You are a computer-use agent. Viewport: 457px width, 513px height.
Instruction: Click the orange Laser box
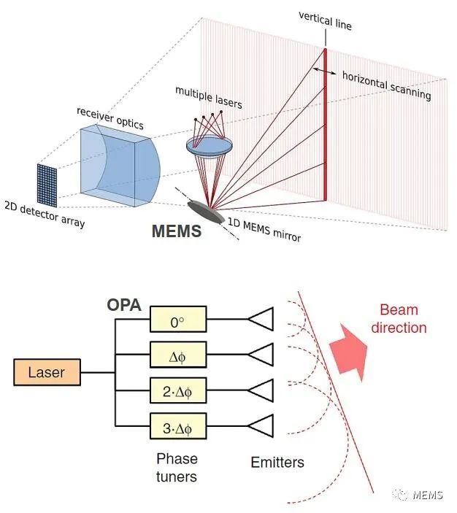[47, 372]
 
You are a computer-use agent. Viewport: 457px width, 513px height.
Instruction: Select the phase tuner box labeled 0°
[178, 319]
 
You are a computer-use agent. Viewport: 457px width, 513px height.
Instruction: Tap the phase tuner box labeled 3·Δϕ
[178, 426]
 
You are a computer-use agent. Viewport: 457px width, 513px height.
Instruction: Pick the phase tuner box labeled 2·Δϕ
[178, 390]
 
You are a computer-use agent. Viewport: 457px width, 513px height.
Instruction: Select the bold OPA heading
[124, 305]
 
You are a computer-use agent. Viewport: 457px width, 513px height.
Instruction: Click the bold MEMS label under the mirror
[177, 231]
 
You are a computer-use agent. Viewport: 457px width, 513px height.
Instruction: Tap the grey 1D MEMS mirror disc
[206, 212]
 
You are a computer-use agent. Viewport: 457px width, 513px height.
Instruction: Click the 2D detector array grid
[47, 185]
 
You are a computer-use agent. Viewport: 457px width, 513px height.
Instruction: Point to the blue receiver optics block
[120, 166]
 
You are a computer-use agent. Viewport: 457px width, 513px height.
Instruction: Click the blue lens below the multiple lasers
[210, 146]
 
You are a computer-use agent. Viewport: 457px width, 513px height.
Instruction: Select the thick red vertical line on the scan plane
[325, 124]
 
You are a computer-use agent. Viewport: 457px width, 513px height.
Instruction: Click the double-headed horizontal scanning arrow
[324, 71]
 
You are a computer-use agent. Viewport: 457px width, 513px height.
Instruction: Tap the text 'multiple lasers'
[209, 98]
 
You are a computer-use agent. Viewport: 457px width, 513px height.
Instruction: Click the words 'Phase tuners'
[177, 468]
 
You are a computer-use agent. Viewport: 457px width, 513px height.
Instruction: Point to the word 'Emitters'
[277, 463]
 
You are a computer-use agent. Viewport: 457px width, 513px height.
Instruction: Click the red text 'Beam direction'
[399, 319]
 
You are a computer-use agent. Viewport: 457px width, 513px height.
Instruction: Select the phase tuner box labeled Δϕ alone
[178, 355]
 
